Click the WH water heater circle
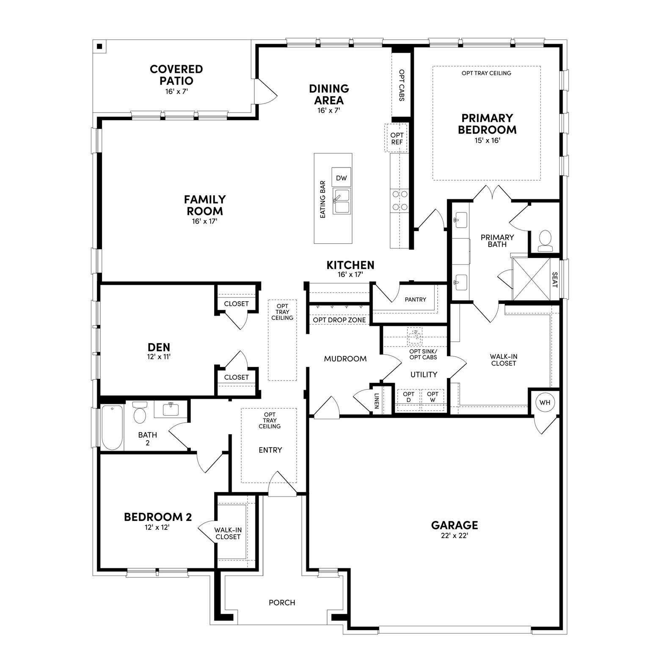(x=545, y=402)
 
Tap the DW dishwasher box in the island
(x=341, y=178)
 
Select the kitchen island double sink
(x=341, y=201)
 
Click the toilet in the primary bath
(x=545, y=240)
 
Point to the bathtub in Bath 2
(x=112, y=427)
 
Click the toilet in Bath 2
(x=140, y=413)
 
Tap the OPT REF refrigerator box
(x=397, y=138)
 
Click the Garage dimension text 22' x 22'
(x=454, y=536)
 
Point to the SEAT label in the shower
(x=555, y=279)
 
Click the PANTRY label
(x=415, y=300)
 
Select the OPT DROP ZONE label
(x=339, y=320)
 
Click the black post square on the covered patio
(x=99, y=47)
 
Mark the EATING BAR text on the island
(x=323, y=199)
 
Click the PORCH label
(x=282, y=603)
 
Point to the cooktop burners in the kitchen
(x=399, y=200)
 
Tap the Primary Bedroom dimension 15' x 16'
(x=487, y=140)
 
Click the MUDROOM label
(x=345, y=359)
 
